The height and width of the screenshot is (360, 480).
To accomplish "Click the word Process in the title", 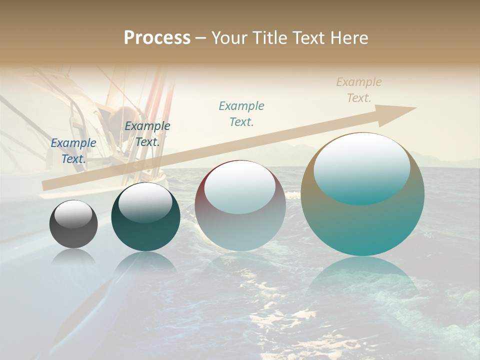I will [157, 38].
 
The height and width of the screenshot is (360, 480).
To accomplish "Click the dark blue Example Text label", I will [73, 150].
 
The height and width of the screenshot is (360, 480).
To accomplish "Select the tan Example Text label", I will [359, 90].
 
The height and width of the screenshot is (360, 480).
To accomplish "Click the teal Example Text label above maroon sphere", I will [241, 113].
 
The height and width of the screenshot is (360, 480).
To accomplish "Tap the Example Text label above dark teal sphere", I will [147, 133].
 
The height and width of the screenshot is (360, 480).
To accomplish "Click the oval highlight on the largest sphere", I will [362, 169].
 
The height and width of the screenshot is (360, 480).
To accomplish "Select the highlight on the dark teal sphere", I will [145, 202].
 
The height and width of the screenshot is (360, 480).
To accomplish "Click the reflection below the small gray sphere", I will [73, 257].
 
